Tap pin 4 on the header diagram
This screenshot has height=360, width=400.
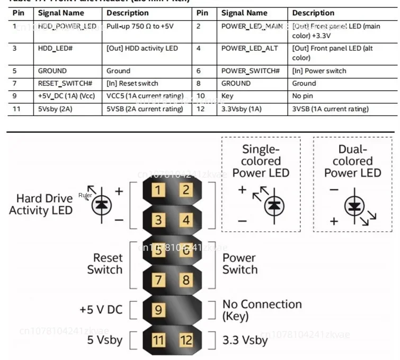click(x=185, y=220)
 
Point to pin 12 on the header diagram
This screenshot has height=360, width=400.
click(x=185, y=339)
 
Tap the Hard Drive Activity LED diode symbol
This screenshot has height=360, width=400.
click(x=101, y=205)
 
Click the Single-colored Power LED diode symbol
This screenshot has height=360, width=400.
click(x=273, y=205)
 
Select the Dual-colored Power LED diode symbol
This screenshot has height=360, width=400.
click(x=354, y=207)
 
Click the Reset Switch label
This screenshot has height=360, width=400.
click(x=104, y=264)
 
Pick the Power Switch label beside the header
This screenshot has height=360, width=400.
click(x=239, y=264)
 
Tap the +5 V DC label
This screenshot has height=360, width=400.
click(x=101, y=309)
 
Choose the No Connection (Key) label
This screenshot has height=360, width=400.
click(x=262, y=310)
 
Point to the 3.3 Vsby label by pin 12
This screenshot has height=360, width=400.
click(x=245, y=339)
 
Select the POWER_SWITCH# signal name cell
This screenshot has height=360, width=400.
click(x=250, y=71)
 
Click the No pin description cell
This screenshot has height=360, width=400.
click(x=304, y=96)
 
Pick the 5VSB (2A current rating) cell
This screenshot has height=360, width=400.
click(x=145, y=109)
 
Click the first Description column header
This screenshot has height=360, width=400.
click(x=128, y=13)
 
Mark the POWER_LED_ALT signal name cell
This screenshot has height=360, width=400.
click(x=250, y=48)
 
